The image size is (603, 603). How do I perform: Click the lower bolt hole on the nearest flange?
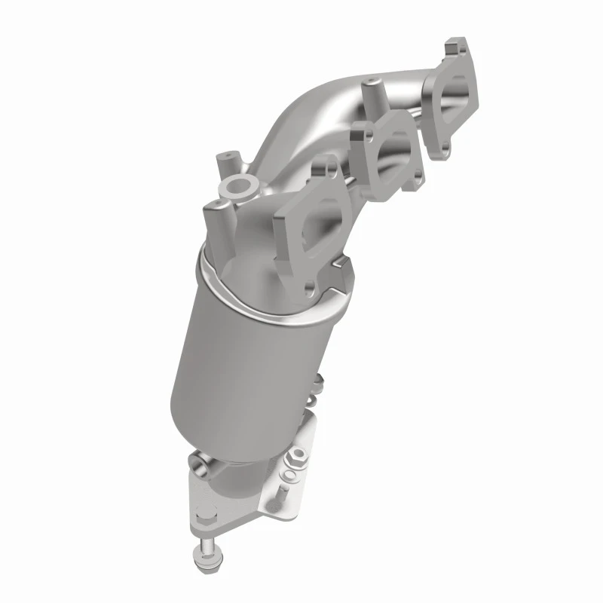pos(311,287)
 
